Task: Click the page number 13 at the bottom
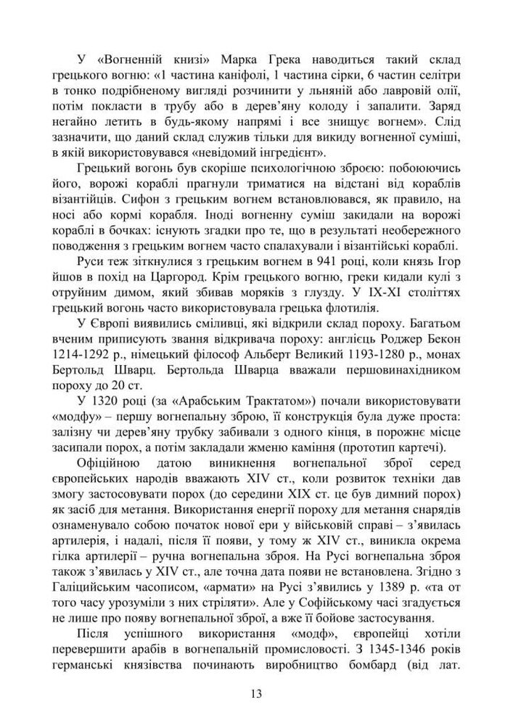point(256,693)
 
